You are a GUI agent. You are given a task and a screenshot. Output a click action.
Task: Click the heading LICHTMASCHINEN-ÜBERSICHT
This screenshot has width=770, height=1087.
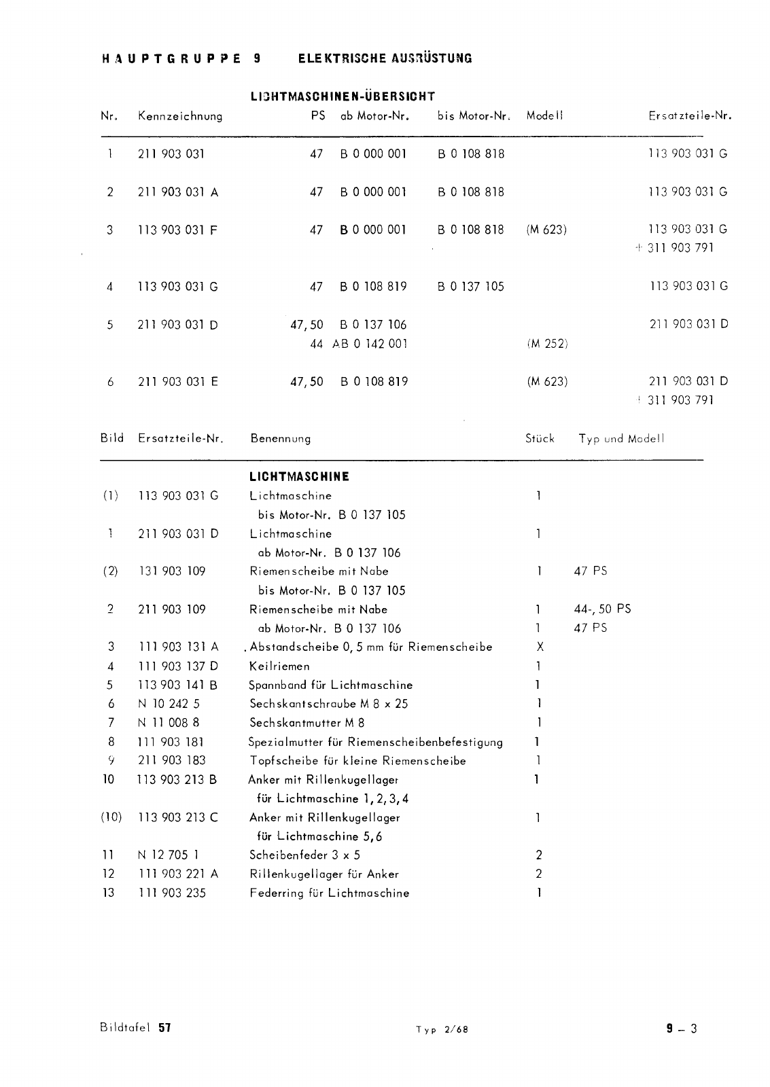343,96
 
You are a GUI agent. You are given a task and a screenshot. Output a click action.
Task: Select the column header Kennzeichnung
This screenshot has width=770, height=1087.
180,116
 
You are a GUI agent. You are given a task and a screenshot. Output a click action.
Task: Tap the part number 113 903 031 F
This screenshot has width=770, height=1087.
177,230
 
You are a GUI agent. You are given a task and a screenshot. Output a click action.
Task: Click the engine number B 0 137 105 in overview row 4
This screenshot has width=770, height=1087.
471,287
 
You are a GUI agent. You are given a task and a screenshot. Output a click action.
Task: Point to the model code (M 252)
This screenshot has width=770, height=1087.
547,344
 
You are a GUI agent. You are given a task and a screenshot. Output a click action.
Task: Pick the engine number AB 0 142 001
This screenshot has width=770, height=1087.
370,344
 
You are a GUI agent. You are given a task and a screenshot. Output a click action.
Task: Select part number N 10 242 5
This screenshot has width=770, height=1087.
169,704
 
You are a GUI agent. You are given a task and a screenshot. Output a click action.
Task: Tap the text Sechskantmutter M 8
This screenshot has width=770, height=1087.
307,723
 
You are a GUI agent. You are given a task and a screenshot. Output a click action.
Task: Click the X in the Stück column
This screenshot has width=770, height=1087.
540,647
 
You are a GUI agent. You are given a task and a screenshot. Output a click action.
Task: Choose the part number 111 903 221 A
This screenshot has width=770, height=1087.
177,874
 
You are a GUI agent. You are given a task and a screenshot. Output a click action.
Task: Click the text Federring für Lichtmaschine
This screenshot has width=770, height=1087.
330,893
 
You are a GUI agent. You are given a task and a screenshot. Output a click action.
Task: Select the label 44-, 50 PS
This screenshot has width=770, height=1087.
603,609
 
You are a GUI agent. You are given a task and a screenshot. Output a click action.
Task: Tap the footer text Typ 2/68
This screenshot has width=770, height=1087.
442,1029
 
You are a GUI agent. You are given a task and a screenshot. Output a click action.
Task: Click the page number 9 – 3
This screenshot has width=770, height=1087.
682,1029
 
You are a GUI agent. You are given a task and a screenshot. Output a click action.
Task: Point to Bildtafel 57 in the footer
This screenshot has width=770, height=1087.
135,1028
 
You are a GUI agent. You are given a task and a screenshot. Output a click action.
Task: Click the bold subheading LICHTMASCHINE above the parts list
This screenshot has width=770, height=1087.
300,477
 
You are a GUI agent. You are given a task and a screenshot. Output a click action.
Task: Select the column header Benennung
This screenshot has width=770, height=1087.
281,439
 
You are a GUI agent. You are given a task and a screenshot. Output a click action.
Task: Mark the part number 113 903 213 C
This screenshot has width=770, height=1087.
177,817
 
